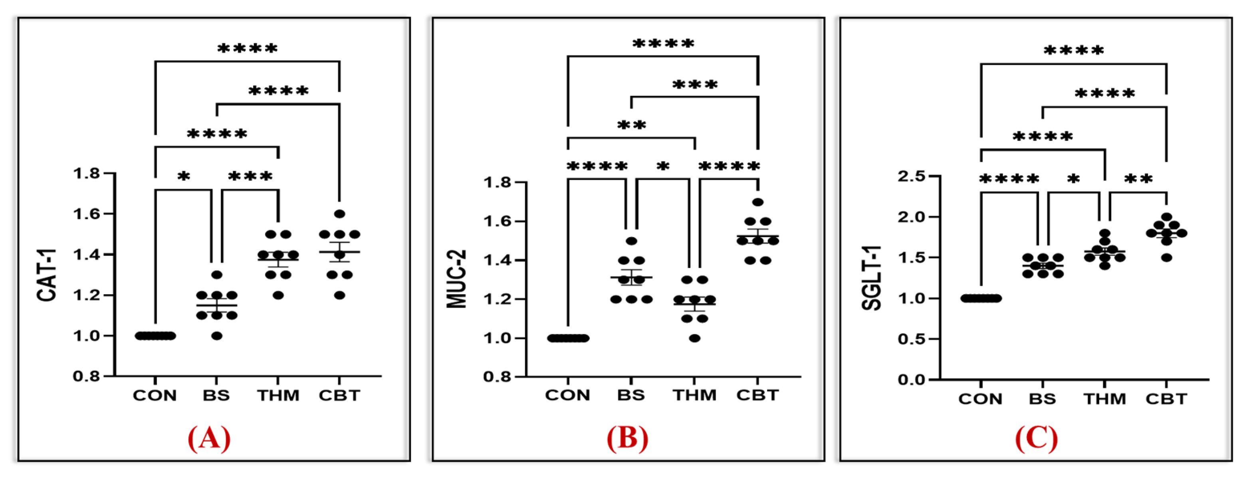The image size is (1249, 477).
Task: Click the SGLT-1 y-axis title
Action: tap(871, 278)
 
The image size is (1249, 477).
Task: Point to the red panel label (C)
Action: tap(1036, 439)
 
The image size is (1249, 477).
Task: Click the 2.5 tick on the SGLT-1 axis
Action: tap(911, 176)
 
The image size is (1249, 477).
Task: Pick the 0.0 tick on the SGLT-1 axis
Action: tap(911, 380)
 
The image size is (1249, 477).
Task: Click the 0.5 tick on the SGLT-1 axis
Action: tap(911, 339)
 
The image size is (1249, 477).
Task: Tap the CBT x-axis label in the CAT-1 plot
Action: tap(339, 396)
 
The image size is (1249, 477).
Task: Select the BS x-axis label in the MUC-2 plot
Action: tap(631, 395)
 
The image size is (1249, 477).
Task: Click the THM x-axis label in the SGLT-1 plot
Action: tap(1104, 399)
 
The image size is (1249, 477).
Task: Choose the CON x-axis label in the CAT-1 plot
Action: tap(155, 396)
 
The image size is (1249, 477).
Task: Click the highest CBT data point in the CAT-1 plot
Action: tap(339, 214)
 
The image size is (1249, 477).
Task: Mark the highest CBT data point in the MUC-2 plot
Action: tap(758, 202)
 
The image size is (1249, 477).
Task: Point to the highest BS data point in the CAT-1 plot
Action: tap(217, 275)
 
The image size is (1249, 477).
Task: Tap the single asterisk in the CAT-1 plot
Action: tap(183, 176)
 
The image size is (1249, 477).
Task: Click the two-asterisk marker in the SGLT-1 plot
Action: tap(1138, 179)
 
